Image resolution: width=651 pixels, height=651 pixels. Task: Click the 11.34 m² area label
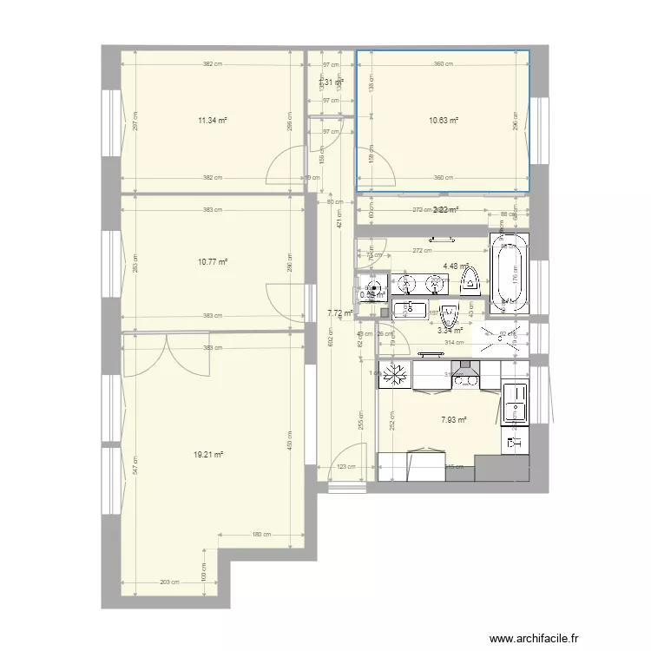213,122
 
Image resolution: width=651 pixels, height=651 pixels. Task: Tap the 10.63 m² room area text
444,122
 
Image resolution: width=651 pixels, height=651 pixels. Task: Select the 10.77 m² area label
213,261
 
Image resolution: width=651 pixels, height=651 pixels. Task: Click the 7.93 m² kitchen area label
454,420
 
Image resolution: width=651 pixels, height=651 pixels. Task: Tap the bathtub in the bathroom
509,274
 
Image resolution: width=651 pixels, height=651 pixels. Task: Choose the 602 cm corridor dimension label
330,341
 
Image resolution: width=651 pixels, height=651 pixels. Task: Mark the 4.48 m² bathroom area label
456,266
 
